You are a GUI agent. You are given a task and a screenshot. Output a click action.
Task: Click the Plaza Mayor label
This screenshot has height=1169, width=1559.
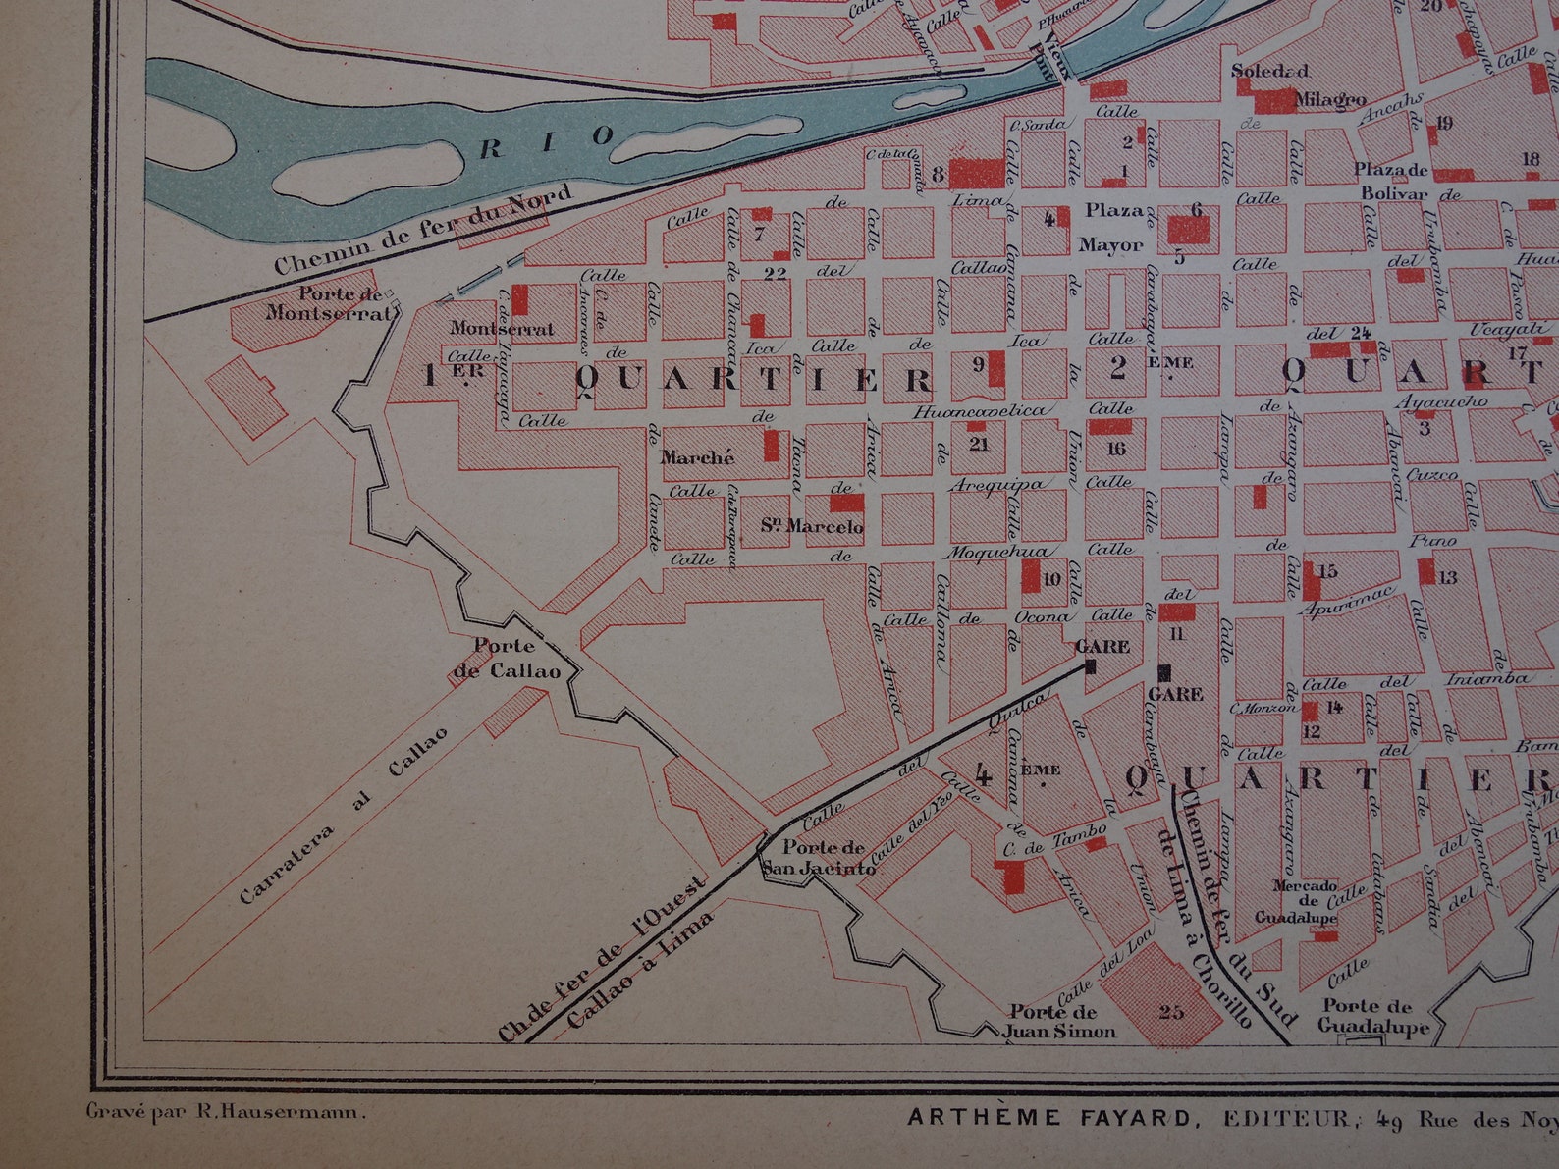(x=1112, y=227)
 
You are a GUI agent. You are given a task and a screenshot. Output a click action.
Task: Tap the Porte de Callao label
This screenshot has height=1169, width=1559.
(x=507, y=659)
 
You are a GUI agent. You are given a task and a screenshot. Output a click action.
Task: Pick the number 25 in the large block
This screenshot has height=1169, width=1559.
(x=1170, y=1011)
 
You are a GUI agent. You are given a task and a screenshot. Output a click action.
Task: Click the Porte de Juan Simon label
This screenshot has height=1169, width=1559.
(x=1058, y=1022)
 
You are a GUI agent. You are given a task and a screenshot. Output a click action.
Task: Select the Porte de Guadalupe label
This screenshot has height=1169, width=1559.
(x=1372, y=1016)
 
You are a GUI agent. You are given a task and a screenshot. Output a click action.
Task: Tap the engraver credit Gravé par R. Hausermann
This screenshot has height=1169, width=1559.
(x=227, y=1112)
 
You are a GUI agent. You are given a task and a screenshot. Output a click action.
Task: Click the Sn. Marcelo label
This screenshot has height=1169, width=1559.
(x=811, y=527)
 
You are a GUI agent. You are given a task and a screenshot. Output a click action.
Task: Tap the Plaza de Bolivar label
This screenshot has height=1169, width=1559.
(x=1391, y=182)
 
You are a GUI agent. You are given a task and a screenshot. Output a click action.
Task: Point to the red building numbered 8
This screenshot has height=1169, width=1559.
(x=976, y=173)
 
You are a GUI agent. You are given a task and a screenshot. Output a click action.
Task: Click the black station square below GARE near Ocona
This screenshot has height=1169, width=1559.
(x=1089, y=666)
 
